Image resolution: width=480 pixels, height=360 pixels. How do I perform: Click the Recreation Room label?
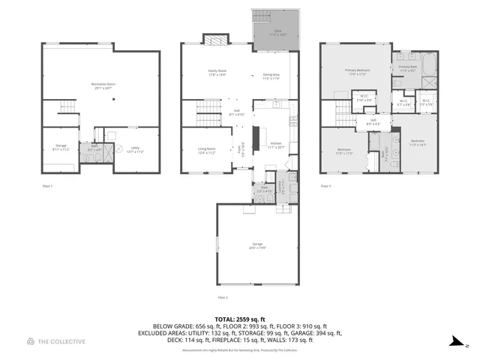pos(102,86)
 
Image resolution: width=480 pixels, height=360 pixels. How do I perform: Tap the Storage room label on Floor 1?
pos(61,148)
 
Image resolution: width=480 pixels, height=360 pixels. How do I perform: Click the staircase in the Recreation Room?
pos(67,108)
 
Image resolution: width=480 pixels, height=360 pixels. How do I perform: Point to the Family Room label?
pos(217,73)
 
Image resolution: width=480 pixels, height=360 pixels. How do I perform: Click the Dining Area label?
pos(271,76)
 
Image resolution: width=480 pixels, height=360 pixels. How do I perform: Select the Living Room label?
pos(206,151)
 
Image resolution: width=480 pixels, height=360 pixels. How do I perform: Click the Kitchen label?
pos(275,145)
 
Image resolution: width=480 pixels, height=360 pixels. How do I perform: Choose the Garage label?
pos(258,245)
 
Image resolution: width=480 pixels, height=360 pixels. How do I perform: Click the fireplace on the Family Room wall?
pos(213,39)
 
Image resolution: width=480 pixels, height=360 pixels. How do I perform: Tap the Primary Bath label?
pos(408,68)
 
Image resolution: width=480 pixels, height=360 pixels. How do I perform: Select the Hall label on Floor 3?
pos(372,121)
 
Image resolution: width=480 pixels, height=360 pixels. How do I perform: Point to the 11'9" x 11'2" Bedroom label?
pos(344,151)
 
